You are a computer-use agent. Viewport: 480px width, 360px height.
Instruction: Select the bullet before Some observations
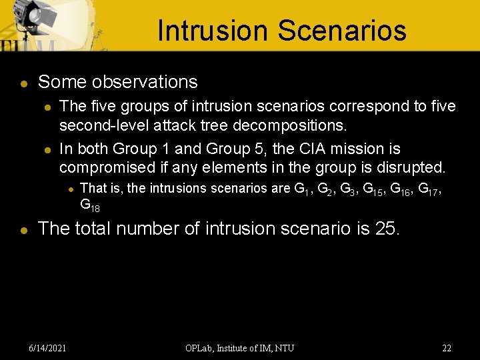[x=23, y=83]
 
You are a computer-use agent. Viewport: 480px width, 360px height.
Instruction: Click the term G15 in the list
[x=371, y=189]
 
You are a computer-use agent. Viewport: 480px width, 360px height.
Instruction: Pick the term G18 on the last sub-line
[x=90, y=205]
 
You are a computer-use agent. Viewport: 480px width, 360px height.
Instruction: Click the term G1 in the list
[x=303, y=189]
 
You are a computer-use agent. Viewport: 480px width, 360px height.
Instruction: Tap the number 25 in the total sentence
[x=386, y=229]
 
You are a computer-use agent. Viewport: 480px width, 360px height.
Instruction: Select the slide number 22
[x=447, y=347]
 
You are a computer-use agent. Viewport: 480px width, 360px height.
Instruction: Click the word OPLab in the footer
[x=200, y=347]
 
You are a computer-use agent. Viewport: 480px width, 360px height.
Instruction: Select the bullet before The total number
[x=23, y=229]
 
